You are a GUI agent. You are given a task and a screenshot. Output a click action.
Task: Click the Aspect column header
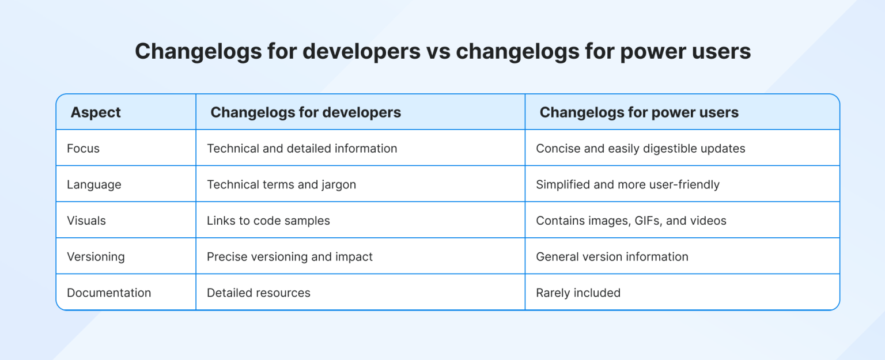96,112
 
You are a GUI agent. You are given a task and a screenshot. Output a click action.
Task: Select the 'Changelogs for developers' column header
305,112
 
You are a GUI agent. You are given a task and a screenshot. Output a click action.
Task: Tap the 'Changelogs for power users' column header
638,112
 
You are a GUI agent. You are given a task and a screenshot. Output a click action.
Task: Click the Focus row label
83,149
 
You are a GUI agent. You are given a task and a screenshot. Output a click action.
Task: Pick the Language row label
94,185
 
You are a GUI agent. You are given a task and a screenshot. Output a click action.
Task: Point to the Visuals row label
86,221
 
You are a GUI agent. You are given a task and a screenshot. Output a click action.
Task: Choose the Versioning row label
96,257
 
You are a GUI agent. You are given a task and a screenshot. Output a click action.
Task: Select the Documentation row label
109,293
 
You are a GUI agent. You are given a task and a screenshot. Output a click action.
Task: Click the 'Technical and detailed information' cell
302,149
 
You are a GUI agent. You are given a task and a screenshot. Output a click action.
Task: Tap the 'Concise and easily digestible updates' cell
640,149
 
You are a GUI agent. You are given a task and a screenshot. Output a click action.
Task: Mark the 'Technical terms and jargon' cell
281,185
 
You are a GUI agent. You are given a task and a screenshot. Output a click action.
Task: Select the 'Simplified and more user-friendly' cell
627,185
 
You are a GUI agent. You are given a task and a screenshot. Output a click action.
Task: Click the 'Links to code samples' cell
268,221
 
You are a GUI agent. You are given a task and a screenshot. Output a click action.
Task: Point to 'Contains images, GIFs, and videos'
631,221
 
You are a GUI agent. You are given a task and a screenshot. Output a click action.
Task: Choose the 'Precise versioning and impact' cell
289,257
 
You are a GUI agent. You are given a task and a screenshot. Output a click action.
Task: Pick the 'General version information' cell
612,257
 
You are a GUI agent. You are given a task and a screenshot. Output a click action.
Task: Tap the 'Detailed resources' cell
258,293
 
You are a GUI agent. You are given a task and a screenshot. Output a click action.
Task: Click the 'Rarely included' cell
578,293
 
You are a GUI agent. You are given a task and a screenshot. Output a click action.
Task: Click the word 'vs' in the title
438,52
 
